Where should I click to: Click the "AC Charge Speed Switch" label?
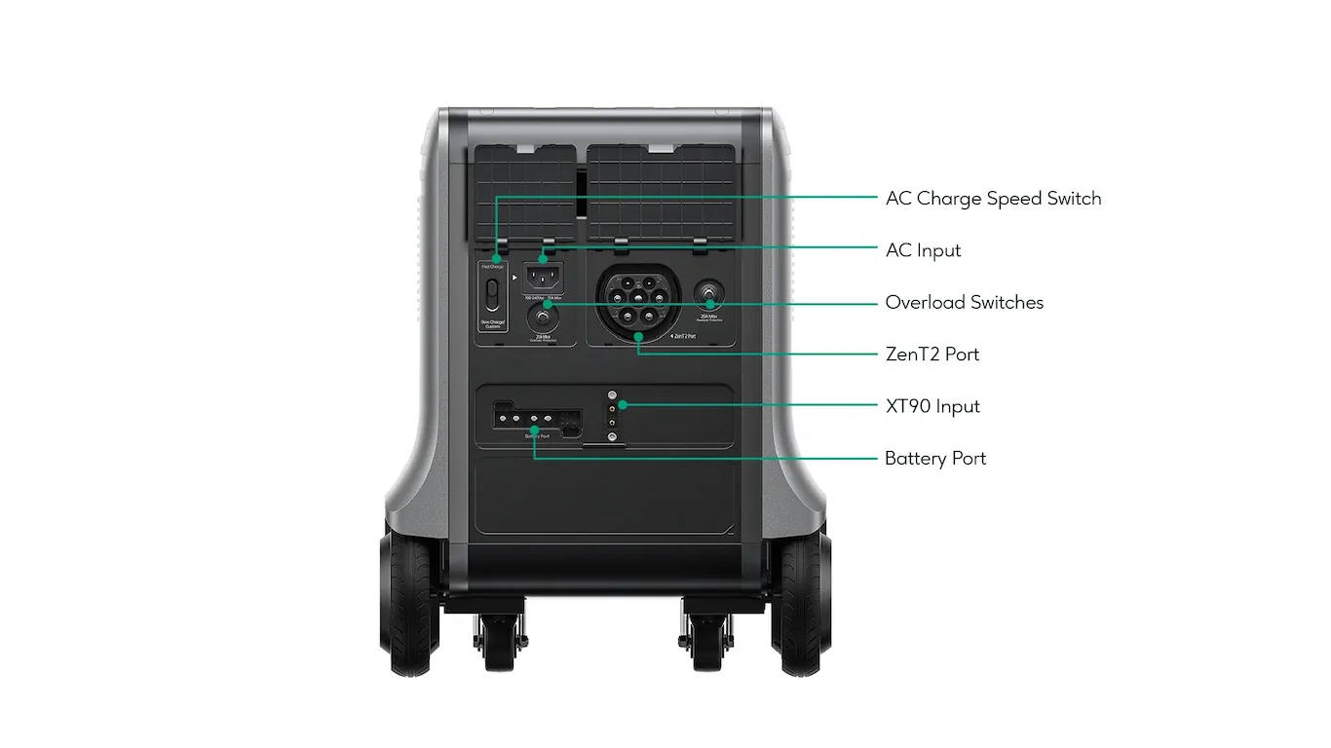(x=993, y=199)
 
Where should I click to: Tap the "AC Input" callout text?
(x=923, y=250)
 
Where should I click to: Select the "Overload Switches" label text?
(x=964, y=303)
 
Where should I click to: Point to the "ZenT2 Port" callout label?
(x=932, y=355)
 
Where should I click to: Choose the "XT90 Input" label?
(x=932, y=406)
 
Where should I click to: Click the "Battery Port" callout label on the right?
(x=935, y=459)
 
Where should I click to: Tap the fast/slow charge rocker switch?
(x=493, y=293)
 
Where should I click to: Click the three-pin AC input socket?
(x=543, y=275)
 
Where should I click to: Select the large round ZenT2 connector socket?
(x=637, y=298)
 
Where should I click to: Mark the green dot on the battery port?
(x=534, y=430)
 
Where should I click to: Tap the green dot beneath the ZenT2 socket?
(x=638, y=337)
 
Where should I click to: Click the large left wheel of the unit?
(x=410, y=604)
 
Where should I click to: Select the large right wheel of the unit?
(x=801, y=604)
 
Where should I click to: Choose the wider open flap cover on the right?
(x=661, y=192)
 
